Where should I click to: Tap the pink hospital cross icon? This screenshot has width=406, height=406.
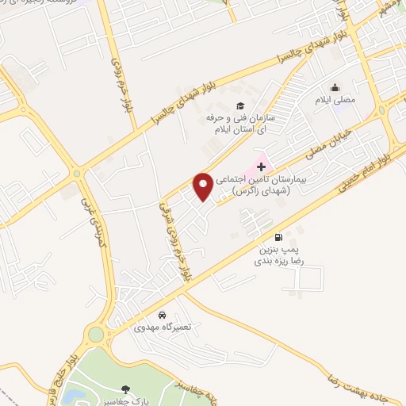261,166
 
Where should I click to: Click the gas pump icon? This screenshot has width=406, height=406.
278,236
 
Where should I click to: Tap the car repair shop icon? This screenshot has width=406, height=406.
163,315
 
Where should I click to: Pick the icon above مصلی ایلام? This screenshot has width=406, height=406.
335,88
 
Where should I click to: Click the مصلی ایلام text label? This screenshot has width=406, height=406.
335,101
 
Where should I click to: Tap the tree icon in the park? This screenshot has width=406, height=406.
124,389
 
